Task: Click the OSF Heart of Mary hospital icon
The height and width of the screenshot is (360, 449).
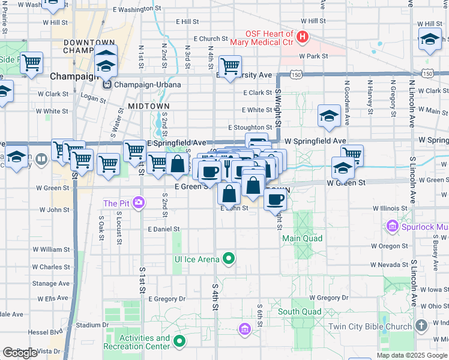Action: (303, 37)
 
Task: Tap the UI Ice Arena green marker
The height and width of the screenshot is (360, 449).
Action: (228, 259)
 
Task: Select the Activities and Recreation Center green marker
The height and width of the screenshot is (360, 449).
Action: (179, 342)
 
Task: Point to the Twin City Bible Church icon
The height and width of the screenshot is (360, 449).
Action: (421, 326)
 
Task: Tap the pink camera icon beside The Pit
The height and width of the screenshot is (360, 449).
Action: (139, 203)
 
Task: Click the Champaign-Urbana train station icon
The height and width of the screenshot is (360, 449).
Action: (106, 85)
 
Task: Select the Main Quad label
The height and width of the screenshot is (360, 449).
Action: (303, 238)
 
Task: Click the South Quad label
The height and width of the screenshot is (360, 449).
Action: (300, 311)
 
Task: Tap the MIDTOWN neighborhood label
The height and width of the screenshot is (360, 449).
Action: (149, 106)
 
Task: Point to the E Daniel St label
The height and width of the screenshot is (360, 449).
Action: (164, 229)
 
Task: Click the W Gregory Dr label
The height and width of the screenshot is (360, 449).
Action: (328, 298)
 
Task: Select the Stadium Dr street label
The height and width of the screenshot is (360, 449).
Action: (92, 325)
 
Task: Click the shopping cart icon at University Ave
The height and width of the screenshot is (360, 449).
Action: (230, 67)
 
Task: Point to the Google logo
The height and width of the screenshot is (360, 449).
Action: (20, 353)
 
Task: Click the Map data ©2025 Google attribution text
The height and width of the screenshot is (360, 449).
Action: (411, 355)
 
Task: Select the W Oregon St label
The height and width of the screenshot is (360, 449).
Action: (389, 246)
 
